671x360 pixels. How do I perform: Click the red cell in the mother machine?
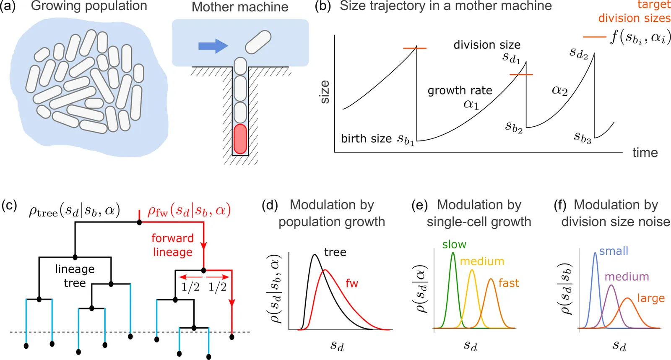[240, 139]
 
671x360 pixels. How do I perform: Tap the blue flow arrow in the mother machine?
[213, 45]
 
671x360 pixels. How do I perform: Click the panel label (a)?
[8, 6]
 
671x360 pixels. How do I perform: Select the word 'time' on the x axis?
[645, 153]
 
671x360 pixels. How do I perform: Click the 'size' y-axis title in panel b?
[325, 92]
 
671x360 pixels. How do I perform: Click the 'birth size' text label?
[366, 139]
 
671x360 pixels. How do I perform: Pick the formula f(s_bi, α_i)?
[640, 37]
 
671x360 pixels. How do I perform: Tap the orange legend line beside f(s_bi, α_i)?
[594, 37]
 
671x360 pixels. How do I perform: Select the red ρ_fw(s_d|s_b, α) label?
[189, 210]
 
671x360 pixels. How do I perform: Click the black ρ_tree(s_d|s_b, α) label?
[74, 210]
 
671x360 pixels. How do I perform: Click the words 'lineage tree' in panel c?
[75, 276]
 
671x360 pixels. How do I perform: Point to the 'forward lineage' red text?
[172, 245]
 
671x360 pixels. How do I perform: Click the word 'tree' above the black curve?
[335, 252]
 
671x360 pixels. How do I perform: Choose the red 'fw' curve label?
[352, 284]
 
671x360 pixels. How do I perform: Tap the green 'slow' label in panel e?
[454, 244]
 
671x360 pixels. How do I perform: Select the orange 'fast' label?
[509, 283]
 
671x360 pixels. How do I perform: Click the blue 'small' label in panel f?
[614, 251]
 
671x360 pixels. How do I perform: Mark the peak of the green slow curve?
[453, 253]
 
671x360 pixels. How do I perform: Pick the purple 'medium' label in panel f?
[627, 277]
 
